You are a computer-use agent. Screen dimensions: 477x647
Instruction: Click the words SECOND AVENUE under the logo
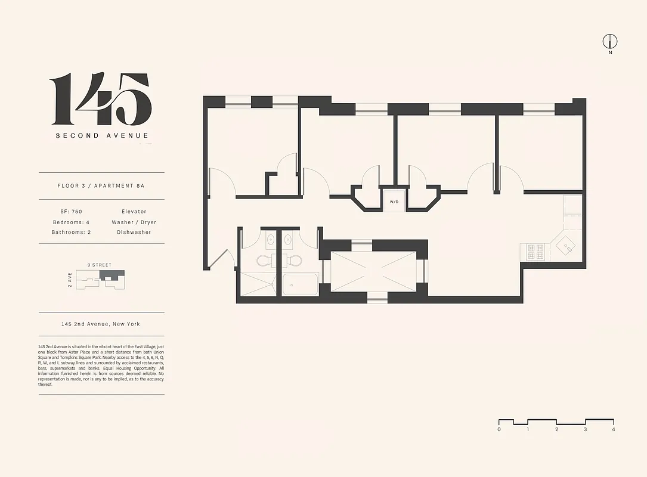click(x=102, y=135)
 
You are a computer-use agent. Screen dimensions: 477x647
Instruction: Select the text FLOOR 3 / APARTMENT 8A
click(x=101, y=186)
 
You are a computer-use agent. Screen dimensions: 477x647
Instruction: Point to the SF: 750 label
click(x=71, y=212)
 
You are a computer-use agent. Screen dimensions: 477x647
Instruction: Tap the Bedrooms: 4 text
click(x=71, y=222)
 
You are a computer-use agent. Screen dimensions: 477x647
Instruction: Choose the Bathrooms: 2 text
click(x=71, y=233)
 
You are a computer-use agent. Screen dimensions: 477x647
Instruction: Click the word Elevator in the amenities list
click(x=134, y=212)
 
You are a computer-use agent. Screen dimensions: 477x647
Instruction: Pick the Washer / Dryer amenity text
click(x=134, y=222)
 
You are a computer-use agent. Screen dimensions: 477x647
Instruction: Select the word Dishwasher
click(x=134, y=233)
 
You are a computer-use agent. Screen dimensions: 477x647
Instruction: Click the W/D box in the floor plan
click(x=394, y=202)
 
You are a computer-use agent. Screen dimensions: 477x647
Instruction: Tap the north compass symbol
click(x=609, y=42)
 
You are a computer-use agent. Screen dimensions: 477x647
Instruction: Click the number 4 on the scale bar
click(x=613, y=429)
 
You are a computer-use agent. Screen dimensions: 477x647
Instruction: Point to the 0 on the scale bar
click(x=499, y=429)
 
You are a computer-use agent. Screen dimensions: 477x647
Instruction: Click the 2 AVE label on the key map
click(x=70, y=279)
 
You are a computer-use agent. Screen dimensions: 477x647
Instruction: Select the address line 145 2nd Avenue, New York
click(x=101, y=324)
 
